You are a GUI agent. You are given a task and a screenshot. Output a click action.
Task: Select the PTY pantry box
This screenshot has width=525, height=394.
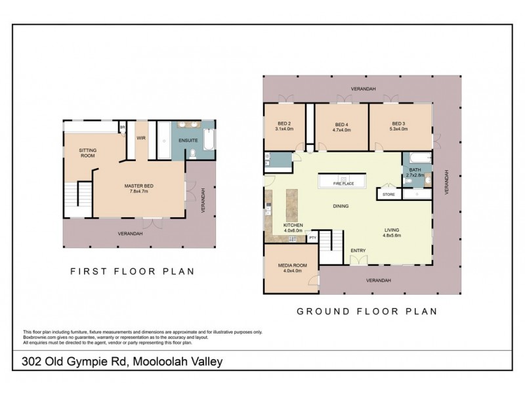[312, 238]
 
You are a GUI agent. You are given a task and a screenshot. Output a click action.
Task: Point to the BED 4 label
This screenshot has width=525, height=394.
[341, 124]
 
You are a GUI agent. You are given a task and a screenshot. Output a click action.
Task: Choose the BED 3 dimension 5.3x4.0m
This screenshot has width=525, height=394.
[399, 130]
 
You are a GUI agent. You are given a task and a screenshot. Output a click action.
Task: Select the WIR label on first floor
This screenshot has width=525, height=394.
[141, 139]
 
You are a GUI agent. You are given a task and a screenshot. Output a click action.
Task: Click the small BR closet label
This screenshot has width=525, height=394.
[122, 127]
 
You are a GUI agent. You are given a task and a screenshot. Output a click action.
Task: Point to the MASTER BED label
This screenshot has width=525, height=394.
[139, 186]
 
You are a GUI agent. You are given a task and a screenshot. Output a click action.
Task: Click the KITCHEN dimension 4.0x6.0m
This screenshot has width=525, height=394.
[293, 230]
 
